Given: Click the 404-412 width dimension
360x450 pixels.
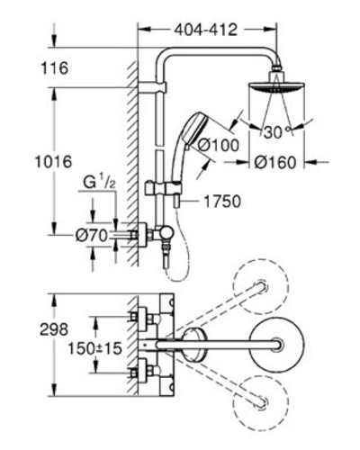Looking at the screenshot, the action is click(206, 30).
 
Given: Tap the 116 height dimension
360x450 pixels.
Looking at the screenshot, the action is click(55, 68).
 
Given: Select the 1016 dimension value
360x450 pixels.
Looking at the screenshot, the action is click(54, 162).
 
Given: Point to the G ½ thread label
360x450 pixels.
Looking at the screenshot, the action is click(99, 183).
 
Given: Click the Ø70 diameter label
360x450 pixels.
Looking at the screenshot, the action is click(91, 236).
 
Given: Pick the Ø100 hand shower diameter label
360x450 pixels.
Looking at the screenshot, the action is click(220, 146).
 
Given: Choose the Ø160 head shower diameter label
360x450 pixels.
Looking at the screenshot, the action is click(275, 162).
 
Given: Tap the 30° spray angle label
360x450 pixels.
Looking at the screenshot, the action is click(276, 131).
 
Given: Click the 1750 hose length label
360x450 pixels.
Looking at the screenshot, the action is click(222, 202).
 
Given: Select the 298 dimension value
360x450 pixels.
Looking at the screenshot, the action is click(54, 329).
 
